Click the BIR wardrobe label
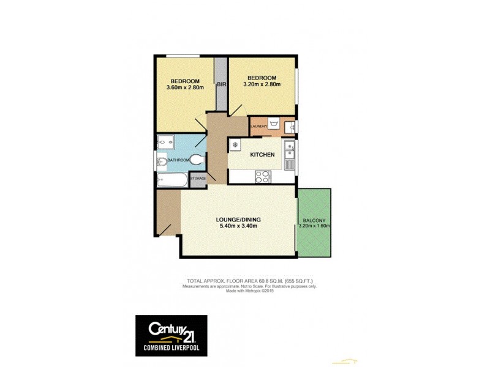pyautogui.click(x=221, y=85)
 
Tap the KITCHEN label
pyautogui.click(x=262, y=155)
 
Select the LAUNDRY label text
pyautogui.click(x=258, y=127)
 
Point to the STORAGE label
pyautogui.click(x=197, y=178)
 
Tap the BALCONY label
pyautogui.click(x=314, y=220)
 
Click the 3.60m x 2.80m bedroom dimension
pyautogui.click(x=184, y=88)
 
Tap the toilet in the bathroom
pyautogui.click(x=196, y=161)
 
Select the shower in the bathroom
pyautogui.click(x=165, y=142)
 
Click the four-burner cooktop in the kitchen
pyautogui.click(x=263, y=176)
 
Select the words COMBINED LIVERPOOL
pyautogui.click(x=171, y=348)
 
